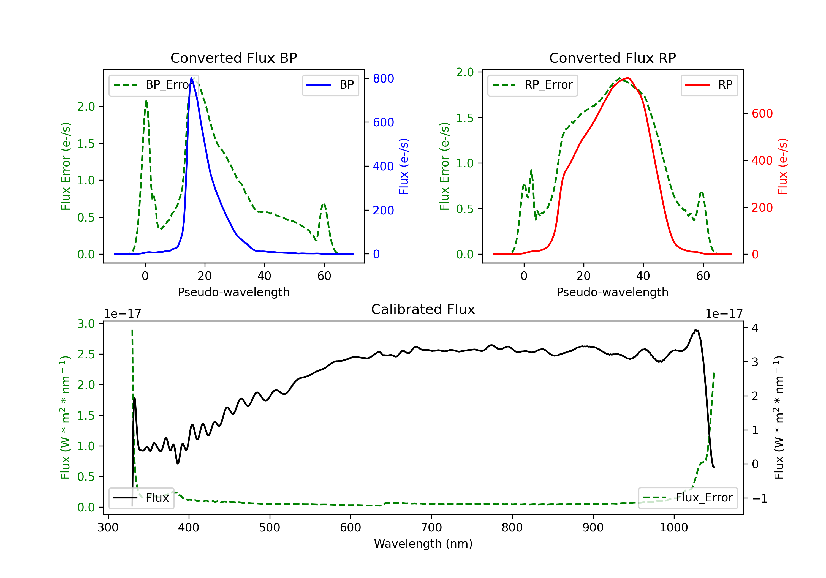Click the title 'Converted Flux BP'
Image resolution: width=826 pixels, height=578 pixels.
pyautogui.click(x=233, y=58)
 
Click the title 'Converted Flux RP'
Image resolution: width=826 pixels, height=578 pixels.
pyautogui.click(x=612, y=58)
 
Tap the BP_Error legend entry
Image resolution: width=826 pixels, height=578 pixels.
pyautogui.click(x=154, y=85)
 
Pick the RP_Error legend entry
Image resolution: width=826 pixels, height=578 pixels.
pyautogui.click(x=533, y=85)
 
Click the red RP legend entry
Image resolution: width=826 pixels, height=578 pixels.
pyautogui.click(x=709, y=85)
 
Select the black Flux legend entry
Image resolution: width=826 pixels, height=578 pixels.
pyautogui.click(x=142, y=498)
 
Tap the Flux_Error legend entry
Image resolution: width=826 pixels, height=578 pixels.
pyautogui.click(x=688, y=498)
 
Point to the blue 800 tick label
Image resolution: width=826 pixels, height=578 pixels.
pyautogui.click(x=383, y=78)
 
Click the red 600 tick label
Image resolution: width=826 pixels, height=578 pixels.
pyautogui.click(x=762, y=113)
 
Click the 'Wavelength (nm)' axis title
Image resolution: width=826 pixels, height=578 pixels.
pyautogui.click(x=423, y=544)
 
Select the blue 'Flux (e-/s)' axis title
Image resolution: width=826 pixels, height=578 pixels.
pyautogui.click(x=404, y=166)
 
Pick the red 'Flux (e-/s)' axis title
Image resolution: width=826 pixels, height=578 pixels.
pyautogui.click(x=782, y=166)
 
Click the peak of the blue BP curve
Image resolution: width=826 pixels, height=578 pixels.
pyautogui.click(x=192, y=78)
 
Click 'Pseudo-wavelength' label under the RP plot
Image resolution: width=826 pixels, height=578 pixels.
pyautogui.click(x=612, y=292)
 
